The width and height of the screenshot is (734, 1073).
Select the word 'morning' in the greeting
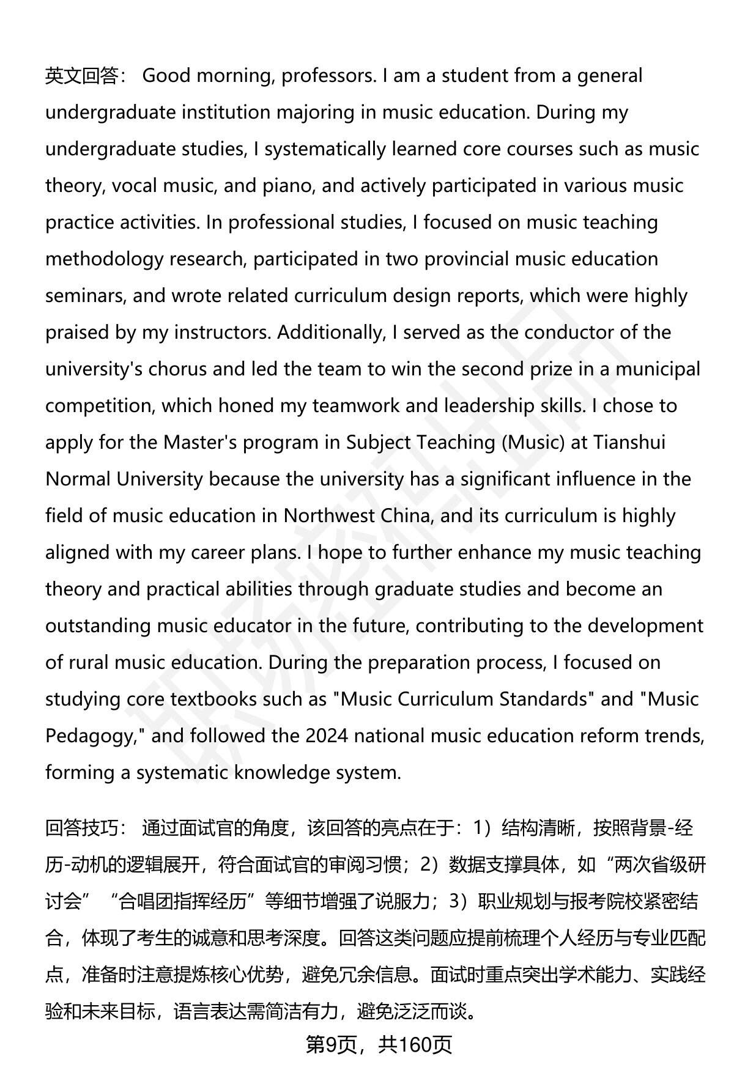(x=230, y=76)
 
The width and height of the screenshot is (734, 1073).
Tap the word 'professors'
(x=328, y=76)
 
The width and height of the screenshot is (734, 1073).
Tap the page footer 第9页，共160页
(x=379, y=1045)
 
